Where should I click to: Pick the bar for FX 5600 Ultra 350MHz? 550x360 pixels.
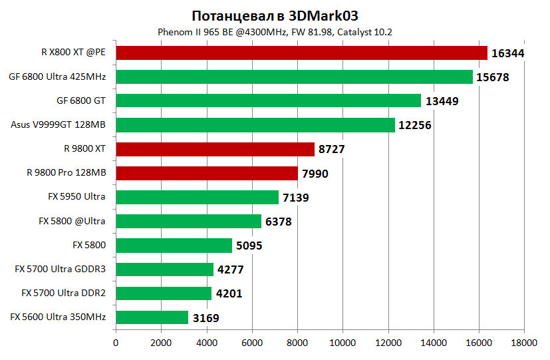pos(152,317)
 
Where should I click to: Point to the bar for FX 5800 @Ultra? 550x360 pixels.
pos(188,221)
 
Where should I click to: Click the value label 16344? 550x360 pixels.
pos(509,53)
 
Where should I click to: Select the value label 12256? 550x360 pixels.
pos(416,125)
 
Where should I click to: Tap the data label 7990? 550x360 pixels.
pos(315,174)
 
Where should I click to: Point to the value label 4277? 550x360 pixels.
pos(231,270)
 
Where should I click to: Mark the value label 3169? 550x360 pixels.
pos(206,318)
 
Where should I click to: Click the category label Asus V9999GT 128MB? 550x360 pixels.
pos(59,124)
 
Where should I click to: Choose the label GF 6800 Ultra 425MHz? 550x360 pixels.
pos(57,77)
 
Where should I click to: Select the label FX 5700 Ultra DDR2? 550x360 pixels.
pos(63,293)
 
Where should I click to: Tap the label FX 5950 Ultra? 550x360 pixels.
pos(76,197)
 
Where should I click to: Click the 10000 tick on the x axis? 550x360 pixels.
pos(343,343)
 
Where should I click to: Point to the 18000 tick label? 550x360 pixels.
pos(523,343)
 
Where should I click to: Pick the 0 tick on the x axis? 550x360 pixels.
pos(116,343)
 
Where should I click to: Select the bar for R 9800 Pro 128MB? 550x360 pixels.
pos(206,173)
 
